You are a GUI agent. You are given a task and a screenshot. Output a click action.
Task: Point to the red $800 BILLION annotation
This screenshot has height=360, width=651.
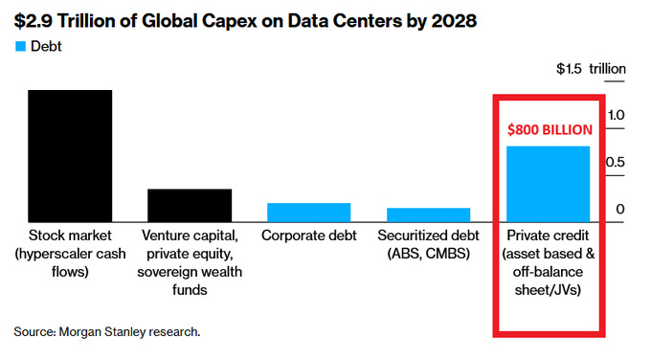[x=550, y=129]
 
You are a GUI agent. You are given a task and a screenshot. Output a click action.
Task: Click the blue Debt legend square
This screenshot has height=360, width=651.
[x=19, y=45]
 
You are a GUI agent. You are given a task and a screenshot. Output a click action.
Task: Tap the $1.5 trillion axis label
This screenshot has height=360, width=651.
[x=591, y=69]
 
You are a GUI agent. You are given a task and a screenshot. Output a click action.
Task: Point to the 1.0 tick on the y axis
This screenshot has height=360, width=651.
[x=617, y=115]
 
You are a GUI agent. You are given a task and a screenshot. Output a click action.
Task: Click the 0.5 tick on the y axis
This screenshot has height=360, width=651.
[x=617, y=162]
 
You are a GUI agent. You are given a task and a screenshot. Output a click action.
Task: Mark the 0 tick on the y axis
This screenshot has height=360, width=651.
[x=620, y=209]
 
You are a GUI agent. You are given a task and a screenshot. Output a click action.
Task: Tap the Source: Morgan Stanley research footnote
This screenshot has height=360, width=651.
[x=107, y=331]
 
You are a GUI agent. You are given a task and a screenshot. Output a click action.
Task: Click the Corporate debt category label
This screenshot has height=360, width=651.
[x=308, y=236]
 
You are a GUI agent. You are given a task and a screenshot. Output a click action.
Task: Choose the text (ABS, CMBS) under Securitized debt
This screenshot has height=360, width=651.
[x=428, y=254]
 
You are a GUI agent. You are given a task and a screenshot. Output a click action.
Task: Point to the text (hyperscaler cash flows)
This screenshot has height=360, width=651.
[x=70, y=263]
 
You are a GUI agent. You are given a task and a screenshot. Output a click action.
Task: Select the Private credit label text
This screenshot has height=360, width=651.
[x=548, y=236]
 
